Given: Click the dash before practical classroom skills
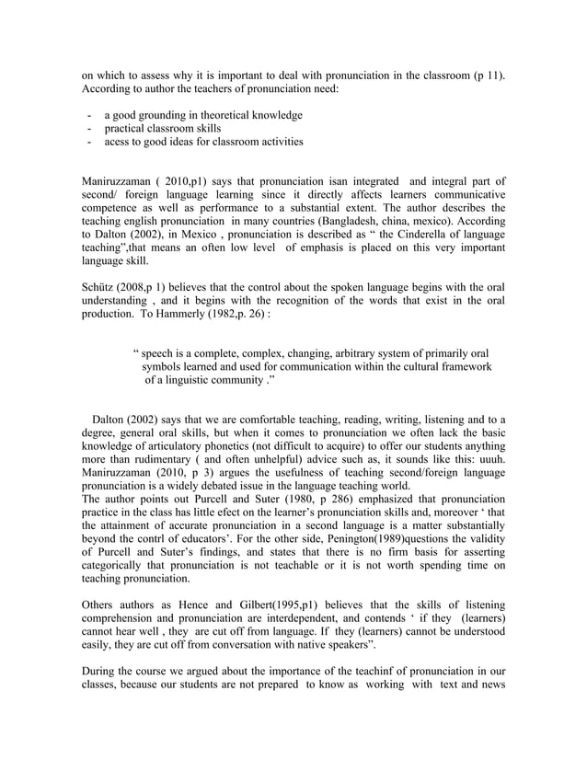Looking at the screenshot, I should (88, 129).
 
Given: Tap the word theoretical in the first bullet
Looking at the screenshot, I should (228, 115).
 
